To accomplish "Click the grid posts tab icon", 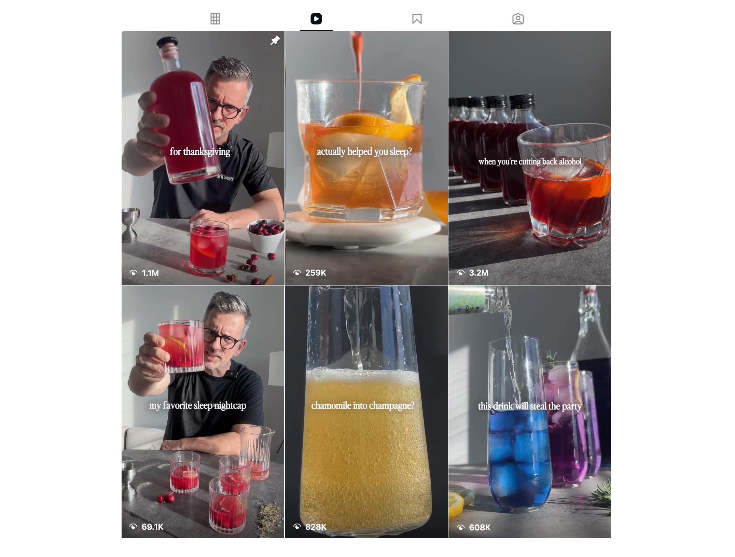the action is point(215,19).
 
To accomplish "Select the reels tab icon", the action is point(316,19).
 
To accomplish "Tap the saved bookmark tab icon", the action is point(417,19).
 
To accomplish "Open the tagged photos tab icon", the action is point(518,19).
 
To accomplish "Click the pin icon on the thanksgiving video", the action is point(275,40).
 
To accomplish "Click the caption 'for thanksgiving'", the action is point(200,152).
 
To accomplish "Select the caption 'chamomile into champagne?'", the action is point(363,405).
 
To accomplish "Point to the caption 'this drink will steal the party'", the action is point(529,406).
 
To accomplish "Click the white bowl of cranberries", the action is point(266,235).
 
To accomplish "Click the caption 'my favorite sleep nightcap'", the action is point(197,405).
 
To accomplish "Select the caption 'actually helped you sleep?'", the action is point(364,151).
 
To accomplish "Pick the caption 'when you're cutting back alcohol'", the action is point(530,162).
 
